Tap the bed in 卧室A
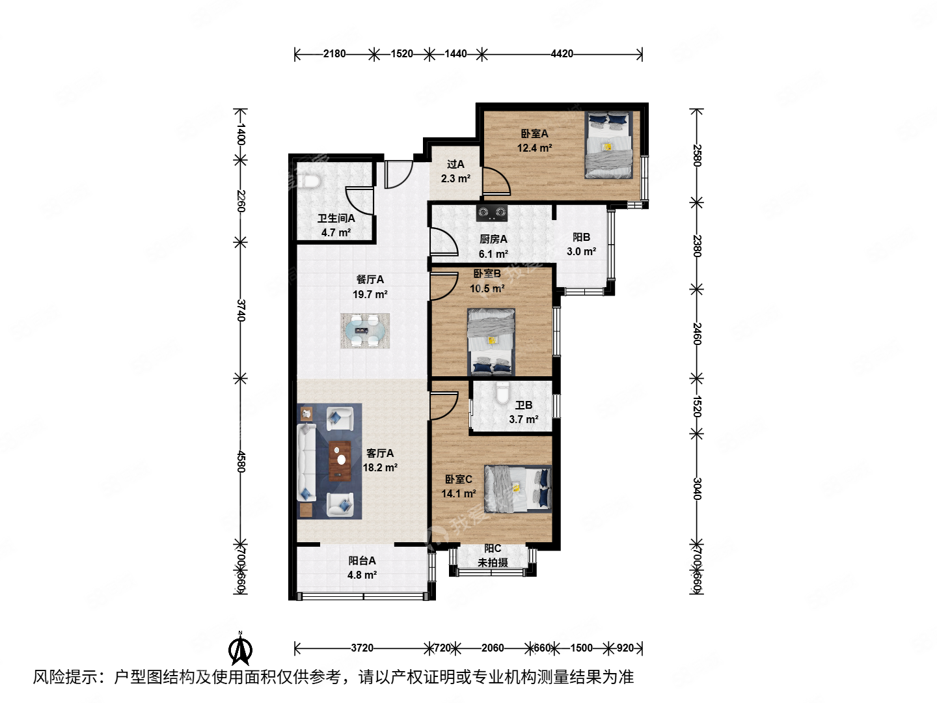[x=609, y=145]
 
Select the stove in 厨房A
[x=491, y=212]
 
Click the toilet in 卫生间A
[x=312, y=181]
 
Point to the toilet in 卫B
[x=502, y=394]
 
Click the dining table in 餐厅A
[x=365, y=331]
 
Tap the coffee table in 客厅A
[x=340, y=461]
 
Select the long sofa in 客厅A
[x=306, y=462]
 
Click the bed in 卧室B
[x=491, y=342]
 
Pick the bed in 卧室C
[x=517, y=488]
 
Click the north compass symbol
[x=240, y=650]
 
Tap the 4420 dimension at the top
[x=562, y=54]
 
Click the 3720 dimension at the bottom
[x=362, y=648]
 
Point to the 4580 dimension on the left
[x=241, y=461]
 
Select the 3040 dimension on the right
[x=697, y=488]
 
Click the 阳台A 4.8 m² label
[x=362, y=568]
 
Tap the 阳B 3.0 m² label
[x=581, y=245]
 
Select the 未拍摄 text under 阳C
[x=493, y=562]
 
